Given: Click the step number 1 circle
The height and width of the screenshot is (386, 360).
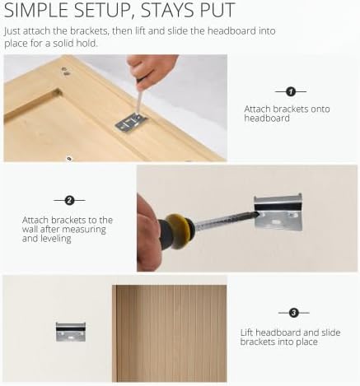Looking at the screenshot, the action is click(x=291, y=91).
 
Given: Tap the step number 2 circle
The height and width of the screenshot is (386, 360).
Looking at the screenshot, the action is click(x=69, y=201).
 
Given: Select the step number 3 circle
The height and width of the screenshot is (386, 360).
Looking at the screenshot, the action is click(x=294, y=313).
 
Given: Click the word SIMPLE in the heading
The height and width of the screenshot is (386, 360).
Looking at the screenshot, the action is click(x=37, y=10).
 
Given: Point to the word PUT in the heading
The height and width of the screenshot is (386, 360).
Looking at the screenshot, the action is click(x=217, y=10).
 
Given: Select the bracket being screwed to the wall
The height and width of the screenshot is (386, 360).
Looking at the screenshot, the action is click(x=278, y=212).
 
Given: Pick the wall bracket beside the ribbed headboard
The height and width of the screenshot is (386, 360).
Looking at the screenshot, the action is click(x=71, y=332).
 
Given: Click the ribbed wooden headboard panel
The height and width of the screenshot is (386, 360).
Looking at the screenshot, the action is click(x=170, y=333).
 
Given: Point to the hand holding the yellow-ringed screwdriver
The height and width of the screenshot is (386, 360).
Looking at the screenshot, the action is click(x=148, y=233).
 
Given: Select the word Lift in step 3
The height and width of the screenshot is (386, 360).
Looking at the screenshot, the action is click(x=246, y=333).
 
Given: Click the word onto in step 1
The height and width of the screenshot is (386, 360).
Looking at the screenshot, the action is click(x=320, y=109).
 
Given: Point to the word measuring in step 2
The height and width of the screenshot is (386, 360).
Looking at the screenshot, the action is click(x=84, y=230).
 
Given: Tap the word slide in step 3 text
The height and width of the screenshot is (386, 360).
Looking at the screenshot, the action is click(x=331, y=333).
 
